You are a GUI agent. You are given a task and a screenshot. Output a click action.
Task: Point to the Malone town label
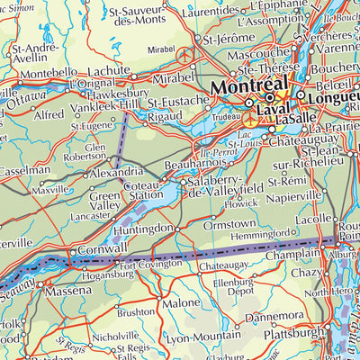click(181, 303)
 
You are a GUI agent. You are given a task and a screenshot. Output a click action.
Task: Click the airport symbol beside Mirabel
click(186, 53)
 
